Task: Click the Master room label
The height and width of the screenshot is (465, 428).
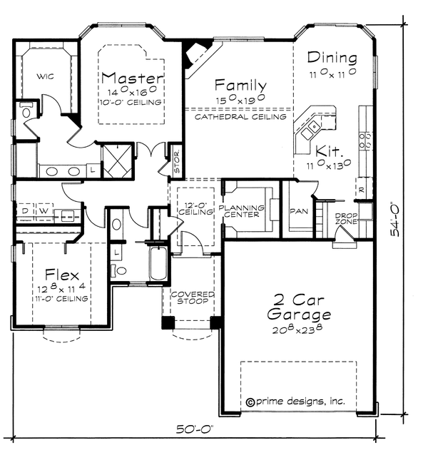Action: [x=133, y=77]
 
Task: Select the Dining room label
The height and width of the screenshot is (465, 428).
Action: [x=332, y=58]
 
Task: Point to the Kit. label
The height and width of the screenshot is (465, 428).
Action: [x=330, y=152]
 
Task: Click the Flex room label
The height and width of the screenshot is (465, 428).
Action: [x=61, y=275]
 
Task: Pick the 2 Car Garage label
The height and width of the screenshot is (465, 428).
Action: [x=298, y=307]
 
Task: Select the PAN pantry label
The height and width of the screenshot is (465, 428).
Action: [x=298, y=211]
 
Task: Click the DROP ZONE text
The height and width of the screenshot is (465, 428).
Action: [x=346, y=218]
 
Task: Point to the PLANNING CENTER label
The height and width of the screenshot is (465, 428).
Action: [x=242, y=211]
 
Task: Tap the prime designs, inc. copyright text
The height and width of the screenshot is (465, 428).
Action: [x=295, y=402]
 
